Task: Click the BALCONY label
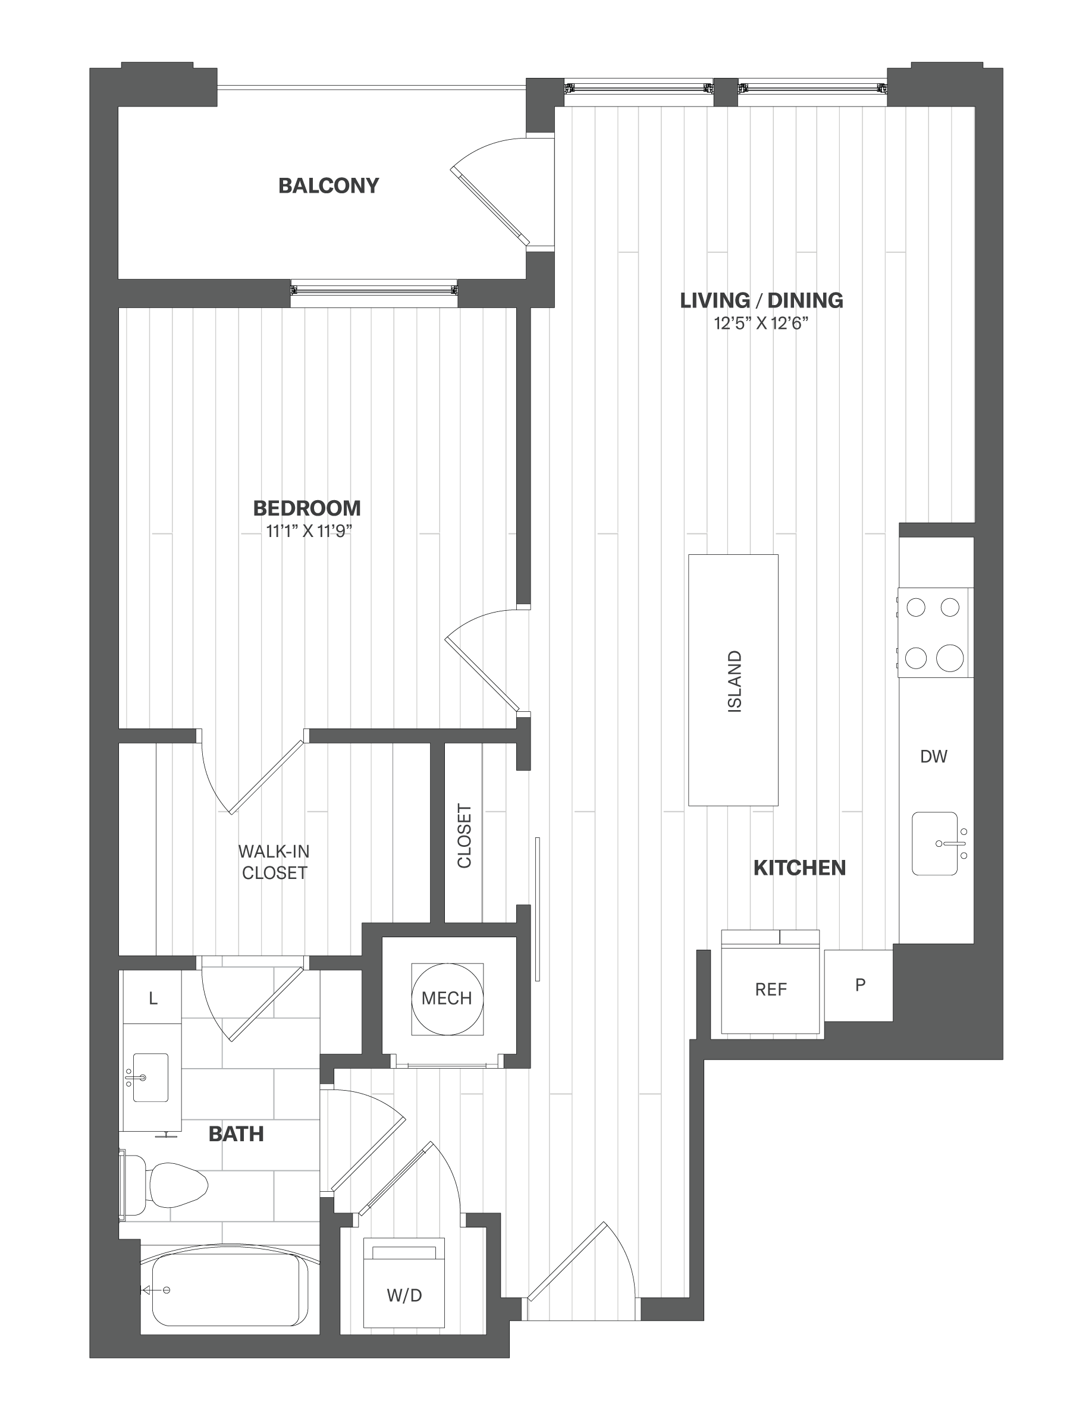click(329, 186)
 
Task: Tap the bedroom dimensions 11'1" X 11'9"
click(309, 531)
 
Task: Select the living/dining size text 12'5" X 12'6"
click(761, 323)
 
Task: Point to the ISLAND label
click(735, 682)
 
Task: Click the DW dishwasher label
click(934, 756)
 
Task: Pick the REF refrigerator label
click(770, 989)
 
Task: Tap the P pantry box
click(858, 985)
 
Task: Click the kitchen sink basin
click(935, 844)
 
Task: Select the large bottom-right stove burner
click(949, 657)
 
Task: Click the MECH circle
click(446, 998)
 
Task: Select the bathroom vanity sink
click(150, 1077)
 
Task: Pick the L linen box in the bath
click(152, 998)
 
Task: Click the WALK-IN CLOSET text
click(274, 862)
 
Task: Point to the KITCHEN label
click(799, 868)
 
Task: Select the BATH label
click(236, 1133)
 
